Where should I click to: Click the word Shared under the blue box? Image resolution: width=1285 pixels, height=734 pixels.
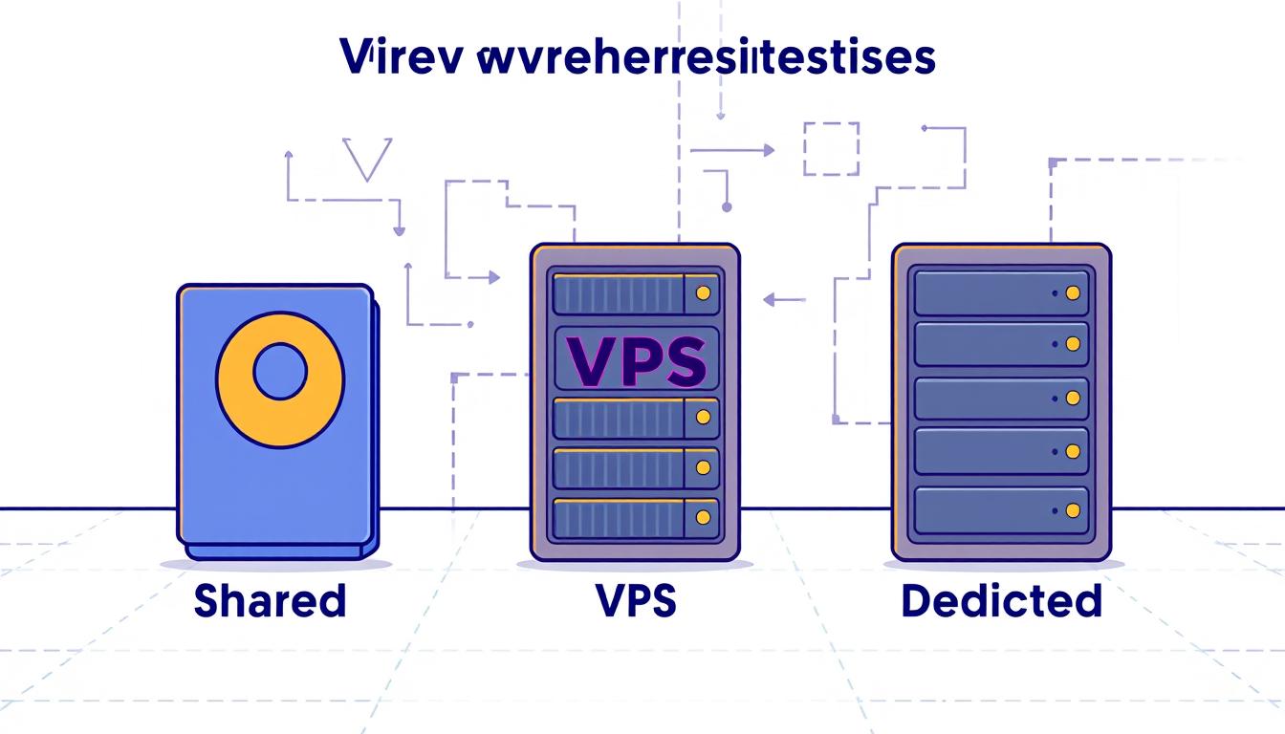coord(269,601)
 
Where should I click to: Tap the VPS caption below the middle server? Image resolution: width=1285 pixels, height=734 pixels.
coord(634,601)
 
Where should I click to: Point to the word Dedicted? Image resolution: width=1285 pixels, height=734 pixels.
coord(1001,601)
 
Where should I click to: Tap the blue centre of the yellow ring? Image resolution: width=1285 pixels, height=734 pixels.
coord(279,371)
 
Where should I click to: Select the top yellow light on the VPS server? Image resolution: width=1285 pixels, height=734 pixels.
coord(706,292)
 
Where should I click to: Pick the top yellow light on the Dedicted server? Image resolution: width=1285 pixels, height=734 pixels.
coord(1072,291)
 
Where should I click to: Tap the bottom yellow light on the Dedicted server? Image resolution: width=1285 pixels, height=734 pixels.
coord(1072,510)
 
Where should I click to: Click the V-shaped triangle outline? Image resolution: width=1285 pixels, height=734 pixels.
coord(367,160)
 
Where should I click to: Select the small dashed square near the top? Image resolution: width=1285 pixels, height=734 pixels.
coord(831,148)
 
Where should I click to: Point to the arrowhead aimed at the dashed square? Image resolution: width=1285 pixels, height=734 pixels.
coord(768,150)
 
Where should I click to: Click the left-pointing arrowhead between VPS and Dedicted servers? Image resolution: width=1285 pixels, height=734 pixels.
coord(768,300)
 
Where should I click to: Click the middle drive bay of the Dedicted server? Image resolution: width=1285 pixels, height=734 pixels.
coord(1001,397)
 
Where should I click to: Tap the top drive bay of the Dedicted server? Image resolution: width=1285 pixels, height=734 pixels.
coord(1001,291)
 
